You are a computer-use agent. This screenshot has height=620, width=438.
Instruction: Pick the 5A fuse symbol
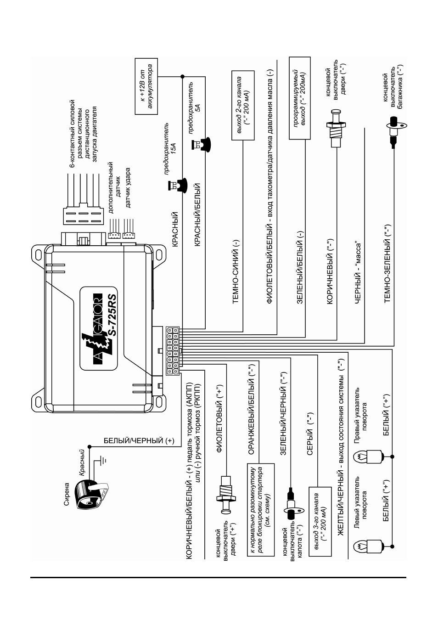pyautogui.click(x=201, y=144)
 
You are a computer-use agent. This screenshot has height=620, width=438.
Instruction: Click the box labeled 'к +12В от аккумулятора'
pyautogui.click(x=146, y=86)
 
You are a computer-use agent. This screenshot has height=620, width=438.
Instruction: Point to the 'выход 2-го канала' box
pyautogui.click(x=243, y=105)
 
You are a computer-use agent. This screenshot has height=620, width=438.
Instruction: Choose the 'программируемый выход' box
pyautogui.click(x=300, y=98)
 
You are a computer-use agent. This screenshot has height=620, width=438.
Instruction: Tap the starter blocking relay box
pyautogui.click(x=261, y=510)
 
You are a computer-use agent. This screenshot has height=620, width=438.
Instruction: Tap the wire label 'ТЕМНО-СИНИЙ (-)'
pyautogui.click(x=236, y=272)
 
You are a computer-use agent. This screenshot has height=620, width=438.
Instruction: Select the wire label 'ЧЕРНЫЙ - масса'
pyautogui.click(x=358, y=273)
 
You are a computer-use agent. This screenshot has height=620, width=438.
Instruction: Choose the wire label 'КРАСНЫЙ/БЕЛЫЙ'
pyautogui.click(x=197, y=214)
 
